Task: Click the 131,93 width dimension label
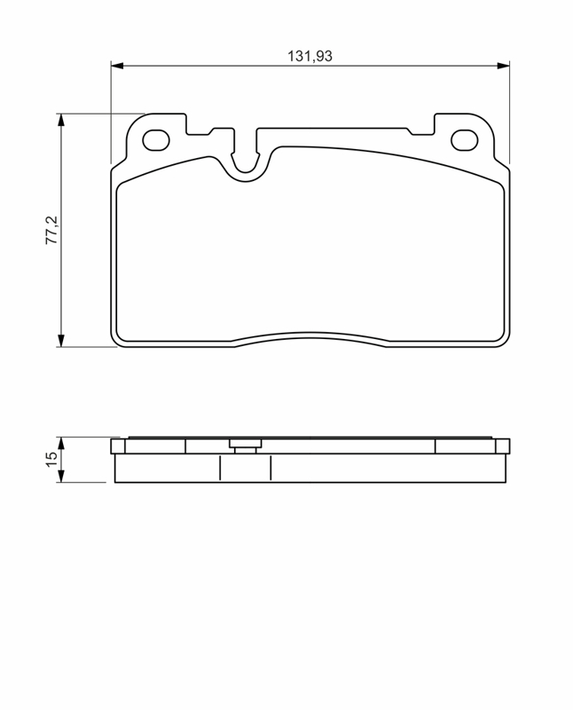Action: click(310, 56)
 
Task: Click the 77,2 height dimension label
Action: click(52, 230)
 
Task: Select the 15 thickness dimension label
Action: click(52, 460)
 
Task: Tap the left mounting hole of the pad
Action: click(156, 140)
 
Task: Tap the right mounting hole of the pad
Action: click(465, 140)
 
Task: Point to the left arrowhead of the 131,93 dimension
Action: click(117, 66)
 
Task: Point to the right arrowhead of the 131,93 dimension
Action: click(503, 66)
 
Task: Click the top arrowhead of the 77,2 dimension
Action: click(61, 120)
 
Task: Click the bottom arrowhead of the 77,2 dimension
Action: click(61, 341)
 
